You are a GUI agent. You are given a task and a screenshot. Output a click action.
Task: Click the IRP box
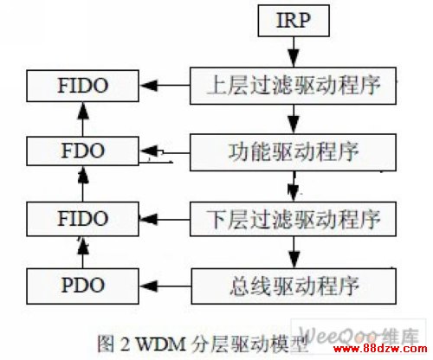(x=294, y=21)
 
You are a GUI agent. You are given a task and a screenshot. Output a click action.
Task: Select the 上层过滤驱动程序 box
(x=293, y=86)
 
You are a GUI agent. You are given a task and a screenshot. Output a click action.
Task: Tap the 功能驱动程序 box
(x=293, y=152)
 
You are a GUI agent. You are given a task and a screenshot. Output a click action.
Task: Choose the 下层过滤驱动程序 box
(x=293, y=219)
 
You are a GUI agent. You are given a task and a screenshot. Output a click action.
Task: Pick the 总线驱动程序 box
(x=294, y=286)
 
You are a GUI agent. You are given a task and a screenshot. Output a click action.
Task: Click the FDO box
(x=82, y=151)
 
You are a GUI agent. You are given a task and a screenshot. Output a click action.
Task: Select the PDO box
(x=82, y=286)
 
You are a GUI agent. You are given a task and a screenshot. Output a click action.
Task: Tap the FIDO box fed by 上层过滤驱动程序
(x=82, y=86)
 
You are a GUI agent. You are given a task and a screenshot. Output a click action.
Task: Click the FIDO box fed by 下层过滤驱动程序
(x=82, y=219)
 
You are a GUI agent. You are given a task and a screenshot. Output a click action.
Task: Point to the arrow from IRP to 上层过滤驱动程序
(x=294, y=52)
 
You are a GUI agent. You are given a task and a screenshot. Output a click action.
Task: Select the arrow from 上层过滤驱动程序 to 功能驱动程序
(x=294, y=119)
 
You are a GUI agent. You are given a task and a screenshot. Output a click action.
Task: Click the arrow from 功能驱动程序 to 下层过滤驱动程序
(x=294, y=186)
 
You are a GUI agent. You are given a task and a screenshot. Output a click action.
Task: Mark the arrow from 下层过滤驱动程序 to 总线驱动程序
(x=294, y=253)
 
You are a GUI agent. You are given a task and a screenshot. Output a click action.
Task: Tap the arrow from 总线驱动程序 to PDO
(x=165, y=286)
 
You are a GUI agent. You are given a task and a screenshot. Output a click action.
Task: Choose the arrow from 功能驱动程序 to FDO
(x=165, y=151)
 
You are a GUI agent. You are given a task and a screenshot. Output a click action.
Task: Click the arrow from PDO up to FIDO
(x=83, y=253)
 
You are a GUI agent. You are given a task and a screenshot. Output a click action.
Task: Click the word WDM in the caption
(x=160, y=344)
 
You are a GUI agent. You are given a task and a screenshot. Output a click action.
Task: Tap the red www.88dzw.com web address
(x=380, y=348)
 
